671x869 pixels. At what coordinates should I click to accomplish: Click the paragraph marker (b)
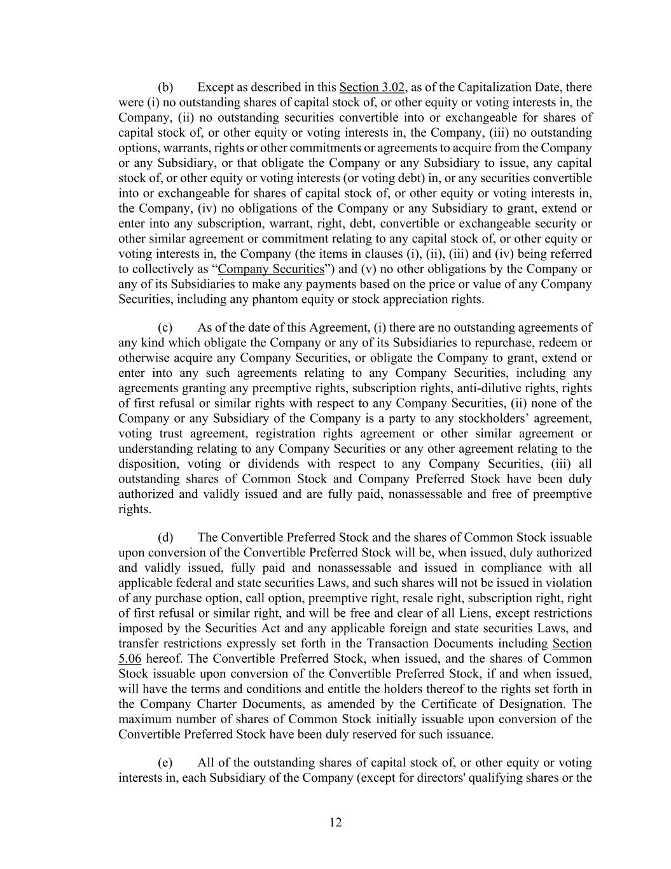165,87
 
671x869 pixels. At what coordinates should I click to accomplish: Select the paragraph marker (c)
165,328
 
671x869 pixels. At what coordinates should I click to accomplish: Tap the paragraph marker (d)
165,538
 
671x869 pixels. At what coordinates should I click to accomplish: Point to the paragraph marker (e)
165,763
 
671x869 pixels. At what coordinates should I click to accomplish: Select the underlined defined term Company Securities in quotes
271,269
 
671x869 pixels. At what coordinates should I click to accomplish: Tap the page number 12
336,823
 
